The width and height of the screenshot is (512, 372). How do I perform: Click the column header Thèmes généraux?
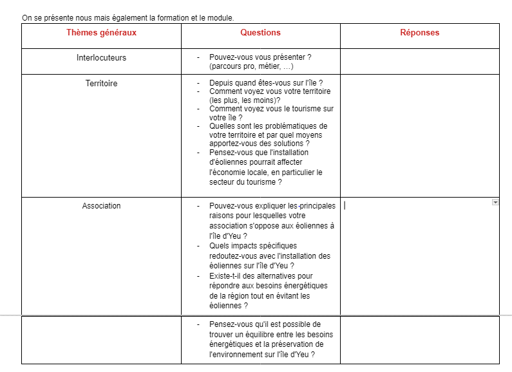pyautogui.click(x=101, y=33)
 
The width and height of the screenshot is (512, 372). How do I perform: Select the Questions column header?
pyautogui.click(x=260, y=33)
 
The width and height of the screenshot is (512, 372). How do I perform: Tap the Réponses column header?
pyautogui.click(x=420, y=33)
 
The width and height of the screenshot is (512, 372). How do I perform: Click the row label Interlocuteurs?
pyautogui.click(x=101, y=58)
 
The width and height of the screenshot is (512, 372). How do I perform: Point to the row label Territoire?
pyautogui.click(x=101, y=84)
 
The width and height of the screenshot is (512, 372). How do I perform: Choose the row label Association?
pyautogui.click(x=101, y=206)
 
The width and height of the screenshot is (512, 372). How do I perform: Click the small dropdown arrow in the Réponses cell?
pyautogui.click(x=495, y=202)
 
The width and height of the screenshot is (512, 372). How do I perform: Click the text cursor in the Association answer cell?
pyautogui.click(x=345, y=206)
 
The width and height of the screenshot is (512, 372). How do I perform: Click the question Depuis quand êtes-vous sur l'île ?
pyautogui.click(x=265, y=83)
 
